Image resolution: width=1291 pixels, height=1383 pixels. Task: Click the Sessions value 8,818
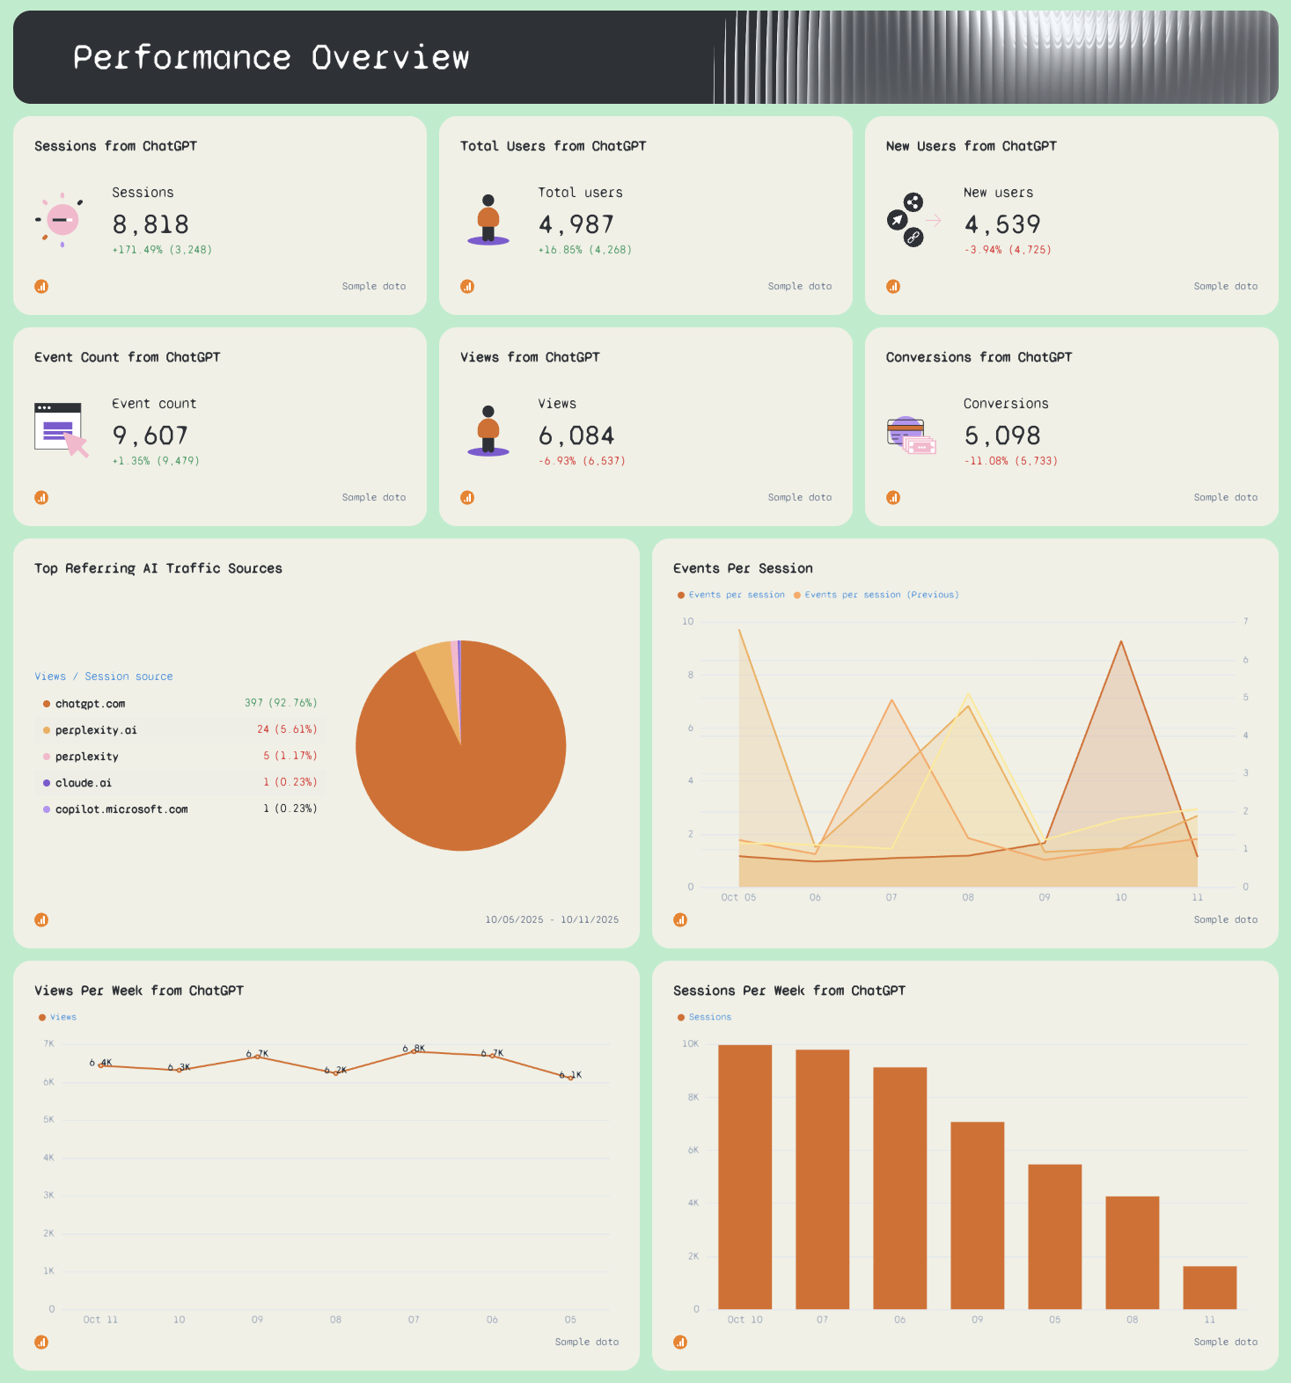tap(150, 225)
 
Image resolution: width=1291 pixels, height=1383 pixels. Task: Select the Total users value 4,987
tap(576, 225)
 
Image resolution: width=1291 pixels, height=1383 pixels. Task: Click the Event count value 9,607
tap(150, 436)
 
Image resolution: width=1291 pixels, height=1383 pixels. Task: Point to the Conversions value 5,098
tap(1002, 436)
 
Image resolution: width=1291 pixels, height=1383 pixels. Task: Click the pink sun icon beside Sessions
tap(62, 219)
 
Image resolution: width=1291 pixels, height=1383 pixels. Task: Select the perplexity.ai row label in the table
tap(96, 730)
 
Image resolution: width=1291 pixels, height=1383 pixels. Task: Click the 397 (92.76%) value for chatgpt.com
tap(281, 703)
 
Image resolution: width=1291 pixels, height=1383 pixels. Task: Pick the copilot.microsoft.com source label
tap(121, 809)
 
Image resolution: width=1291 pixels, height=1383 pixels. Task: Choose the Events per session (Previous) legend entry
tap(881, 595)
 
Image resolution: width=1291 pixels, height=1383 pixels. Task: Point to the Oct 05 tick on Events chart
tap(738, 897)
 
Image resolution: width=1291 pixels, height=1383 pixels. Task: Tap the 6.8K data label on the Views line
tap(414, 1049)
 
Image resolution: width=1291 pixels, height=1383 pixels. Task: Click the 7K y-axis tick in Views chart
tap(49, 1043)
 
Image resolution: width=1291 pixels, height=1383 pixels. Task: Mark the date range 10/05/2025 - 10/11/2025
tap(552, 919)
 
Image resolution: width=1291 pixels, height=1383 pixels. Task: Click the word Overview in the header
tap(390, 58)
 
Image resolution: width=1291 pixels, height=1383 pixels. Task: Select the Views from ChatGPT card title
tap(530, 357)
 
